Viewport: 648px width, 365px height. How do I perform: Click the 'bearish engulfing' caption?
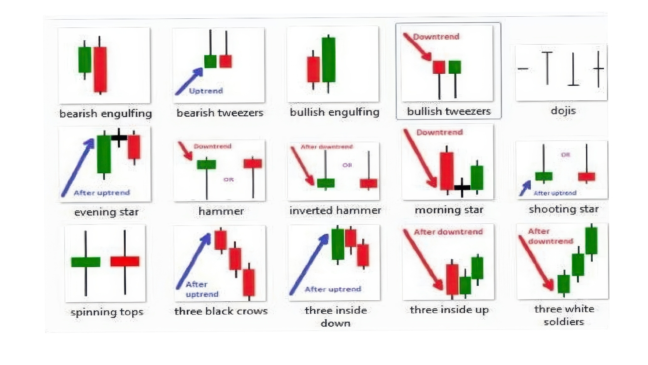pos(106,113)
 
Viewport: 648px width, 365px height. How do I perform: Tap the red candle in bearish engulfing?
pos(100,69)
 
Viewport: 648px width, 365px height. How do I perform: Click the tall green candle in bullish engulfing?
pos(329,60)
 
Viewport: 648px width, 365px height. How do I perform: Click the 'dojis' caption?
pos(563,111)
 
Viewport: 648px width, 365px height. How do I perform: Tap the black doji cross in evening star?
pos(119,137)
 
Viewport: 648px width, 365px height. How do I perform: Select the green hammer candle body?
pos(206,164)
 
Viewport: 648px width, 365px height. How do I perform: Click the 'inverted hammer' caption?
pos(335,210)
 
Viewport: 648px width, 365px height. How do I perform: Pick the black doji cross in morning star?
pos(462,187)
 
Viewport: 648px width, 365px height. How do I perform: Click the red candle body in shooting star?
pos(586,177)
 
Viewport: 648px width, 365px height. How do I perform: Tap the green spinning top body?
pos(86,262)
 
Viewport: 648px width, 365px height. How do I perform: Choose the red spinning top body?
pos(125,261)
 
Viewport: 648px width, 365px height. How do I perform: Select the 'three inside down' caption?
pos(336,316)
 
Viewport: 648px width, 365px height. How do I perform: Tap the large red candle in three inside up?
pos(452,279)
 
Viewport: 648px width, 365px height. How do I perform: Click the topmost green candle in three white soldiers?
pos(591,240)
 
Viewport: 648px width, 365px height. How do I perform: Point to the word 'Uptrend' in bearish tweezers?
pos(206,91)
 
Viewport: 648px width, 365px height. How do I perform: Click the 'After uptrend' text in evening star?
pos(102,192)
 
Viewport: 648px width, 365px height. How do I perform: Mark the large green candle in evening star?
pos(104,154)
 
